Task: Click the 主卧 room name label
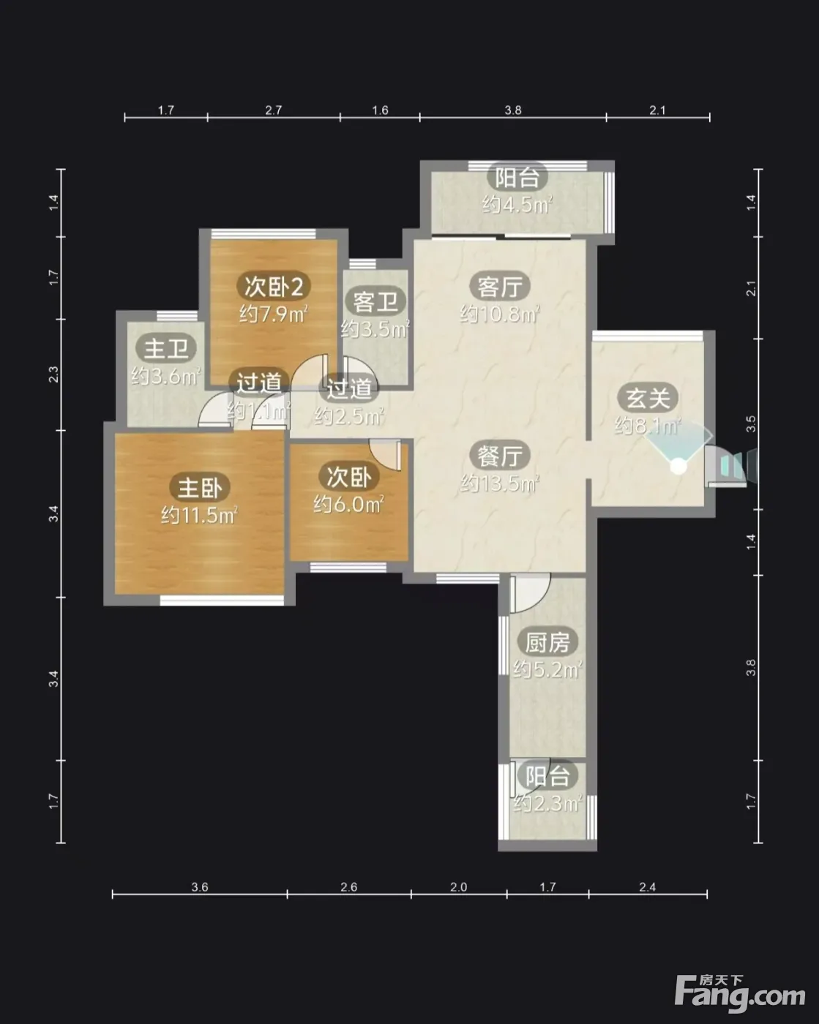[200, 487]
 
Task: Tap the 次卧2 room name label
[273, 286]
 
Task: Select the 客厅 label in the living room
[499, 286]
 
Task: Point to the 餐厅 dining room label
[499, 456]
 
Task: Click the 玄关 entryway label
[648, 398]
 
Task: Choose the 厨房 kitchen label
[547, 643]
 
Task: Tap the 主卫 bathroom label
[165, 348]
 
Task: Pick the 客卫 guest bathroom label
[376, 301]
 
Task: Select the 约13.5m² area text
[499, 483]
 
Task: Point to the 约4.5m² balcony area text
[517, 205]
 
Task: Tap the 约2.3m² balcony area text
[548, 804]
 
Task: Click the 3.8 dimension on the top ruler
[513, 110]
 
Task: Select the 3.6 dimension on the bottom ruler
[200, 887]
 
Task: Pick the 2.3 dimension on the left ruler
[54, 374]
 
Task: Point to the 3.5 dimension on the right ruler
[751, 424]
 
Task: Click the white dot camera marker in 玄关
[678, 467]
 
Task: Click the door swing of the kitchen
[529, 592]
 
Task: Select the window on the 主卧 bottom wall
[222, 601]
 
